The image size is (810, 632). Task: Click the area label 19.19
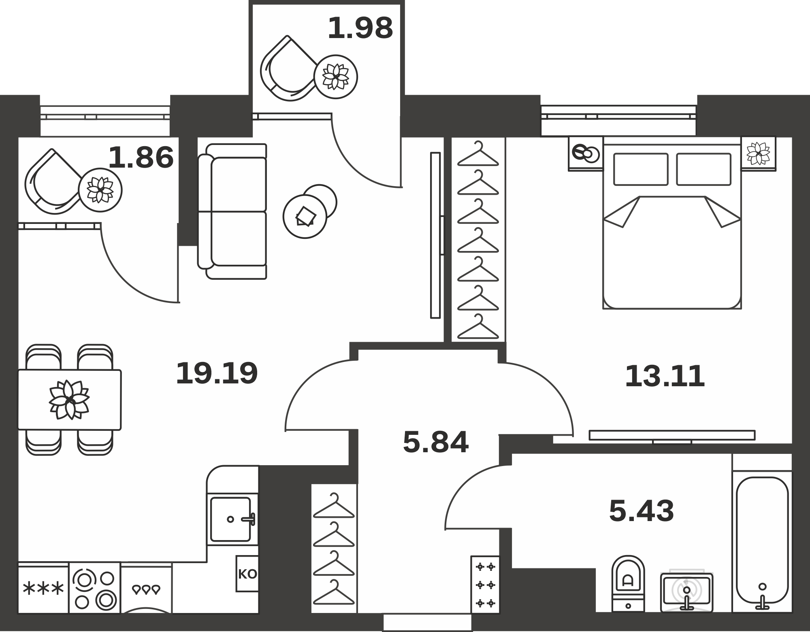pos(217,373)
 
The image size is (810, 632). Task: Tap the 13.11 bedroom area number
pos(665,376)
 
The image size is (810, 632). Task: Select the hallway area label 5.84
pos(436,442)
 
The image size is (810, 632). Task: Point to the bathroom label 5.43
pos(642,511)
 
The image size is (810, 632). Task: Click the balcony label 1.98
pos(360,28)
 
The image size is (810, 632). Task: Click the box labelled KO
pos(247,574)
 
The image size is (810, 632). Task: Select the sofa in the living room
pos(232,211)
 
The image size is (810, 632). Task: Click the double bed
pos(672,223)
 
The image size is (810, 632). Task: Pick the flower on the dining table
pos(69,400)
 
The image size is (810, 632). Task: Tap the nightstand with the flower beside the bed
pos(758,153)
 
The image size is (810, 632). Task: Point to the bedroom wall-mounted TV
pos(672,435)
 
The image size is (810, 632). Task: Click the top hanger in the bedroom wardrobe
pos(478,154)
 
